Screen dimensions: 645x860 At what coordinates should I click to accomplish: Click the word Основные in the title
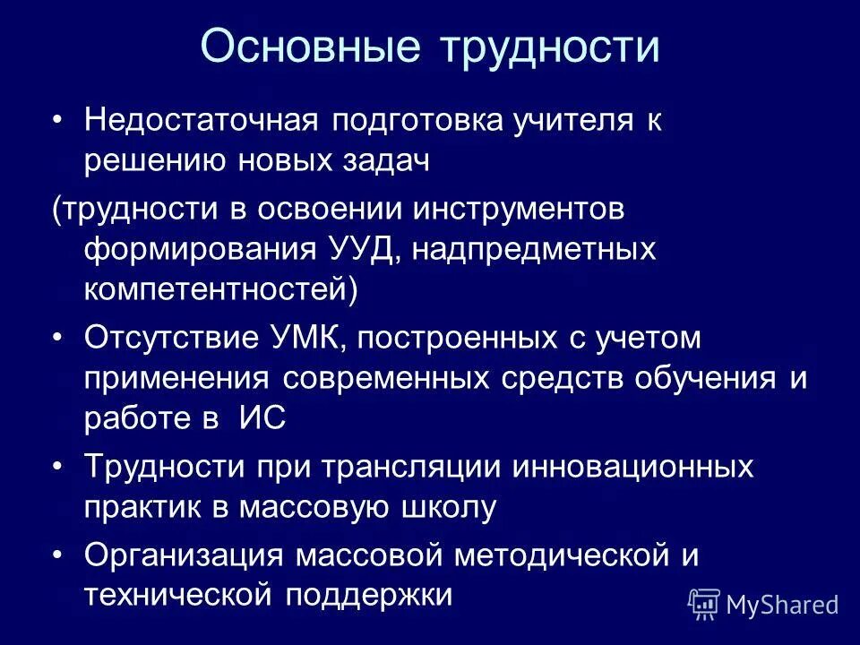[x=310, y=47]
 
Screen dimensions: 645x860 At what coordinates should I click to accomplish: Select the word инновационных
[x=633, y=467]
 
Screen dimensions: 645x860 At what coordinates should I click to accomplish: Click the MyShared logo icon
[x=703, y=604]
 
